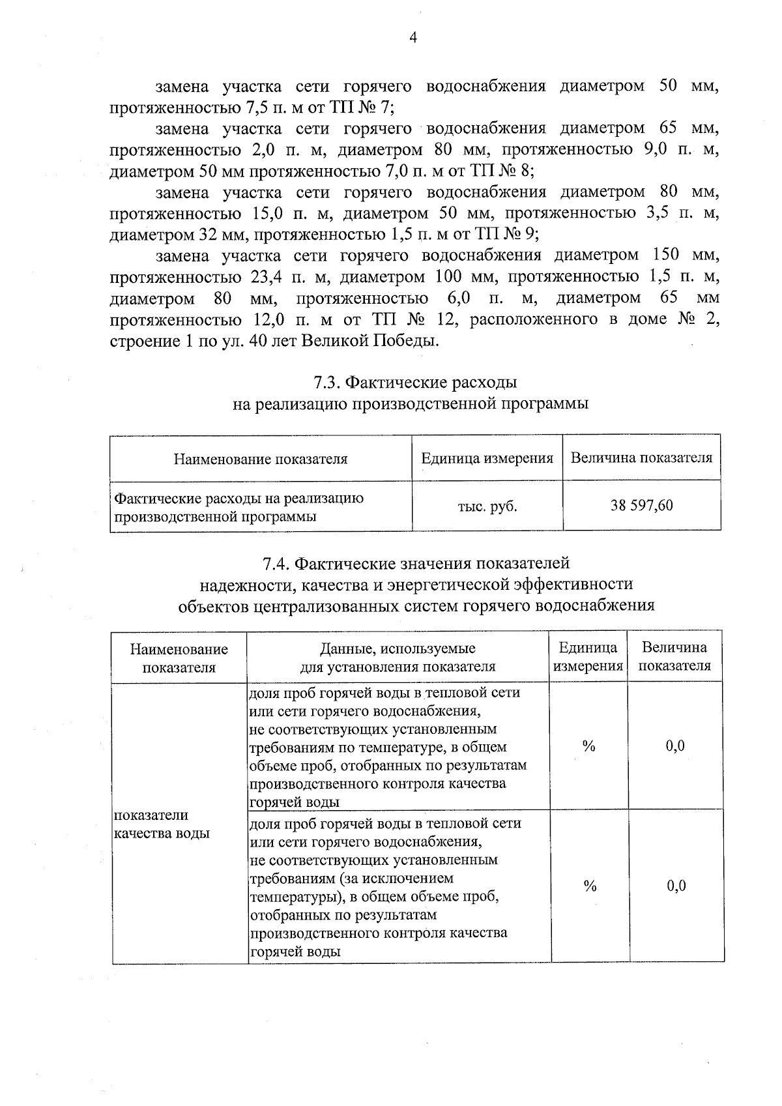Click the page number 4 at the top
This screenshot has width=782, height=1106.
point(412,38)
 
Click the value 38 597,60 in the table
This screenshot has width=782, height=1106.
point(641,505)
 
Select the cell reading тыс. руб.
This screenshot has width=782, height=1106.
point(487,506)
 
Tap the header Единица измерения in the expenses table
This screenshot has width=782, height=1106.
point(487,458)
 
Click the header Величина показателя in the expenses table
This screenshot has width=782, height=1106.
point(641,458)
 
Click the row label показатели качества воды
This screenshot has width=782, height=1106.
point(161,824)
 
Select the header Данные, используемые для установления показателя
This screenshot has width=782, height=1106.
point(398,657)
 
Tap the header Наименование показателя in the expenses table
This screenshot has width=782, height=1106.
point(260,459)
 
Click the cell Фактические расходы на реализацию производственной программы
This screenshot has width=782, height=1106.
point(239,507)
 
